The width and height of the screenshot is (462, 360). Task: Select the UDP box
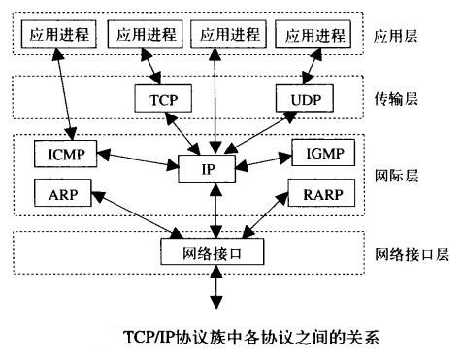tap(305, 99)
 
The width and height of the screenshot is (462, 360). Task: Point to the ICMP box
tap(61, 152)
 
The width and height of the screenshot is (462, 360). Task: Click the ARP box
tap(61, 192)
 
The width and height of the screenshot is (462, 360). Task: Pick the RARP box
tap(321, 192)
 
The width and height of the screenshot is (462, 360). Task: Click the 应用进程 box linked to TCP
tap(145, 35)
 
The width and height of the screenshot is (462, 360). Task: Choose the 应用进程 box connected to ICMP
tap(57, 35)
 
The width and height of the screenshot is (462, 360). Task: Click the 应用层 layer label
tap(395, 36)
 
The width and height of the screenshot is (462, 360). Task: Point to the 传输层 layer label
tap(395, 99)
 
